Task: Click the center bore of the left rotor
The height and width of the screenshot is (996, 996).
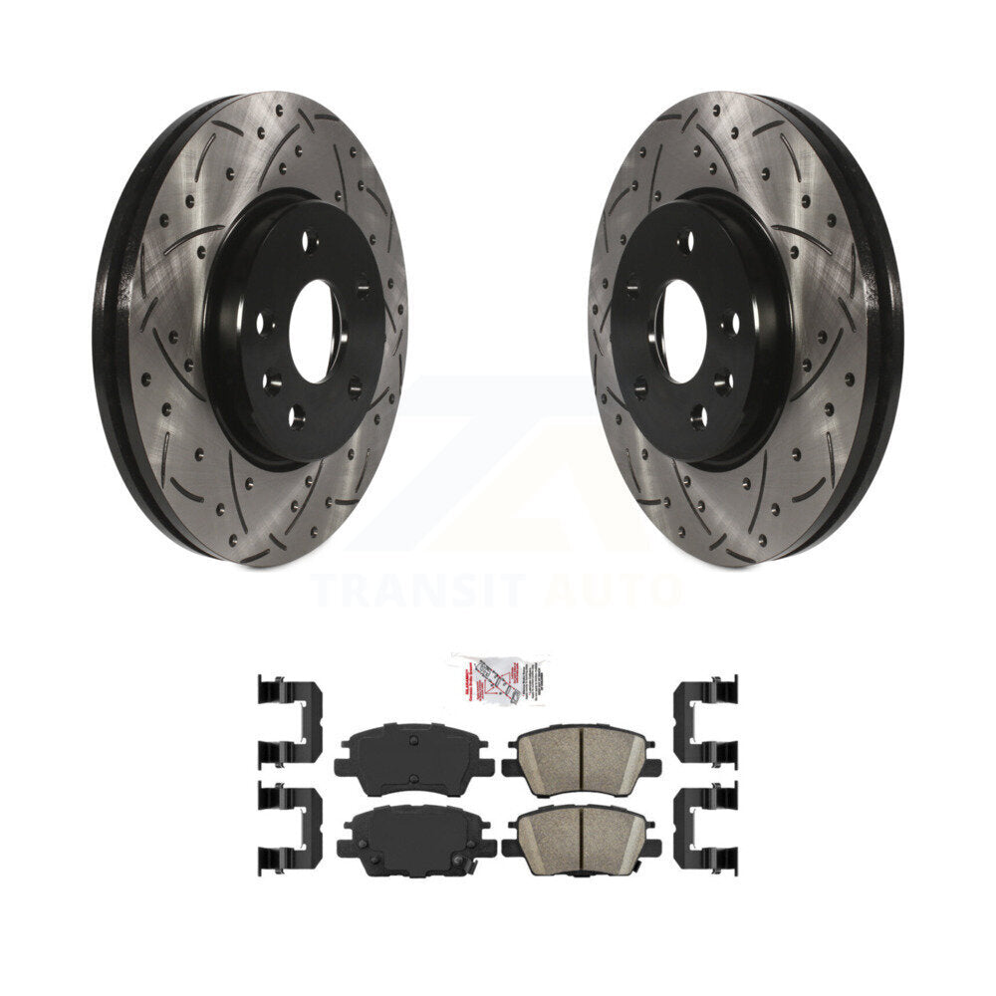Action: coord(314,332)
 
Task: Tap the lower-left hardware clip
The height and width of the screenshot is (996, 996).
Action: coord(288,827)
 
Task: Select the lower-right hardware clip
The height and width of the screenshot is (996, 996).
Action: coord(706,827)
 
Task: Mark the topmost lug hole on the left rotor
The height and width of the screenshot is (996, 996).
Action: coord(311,241)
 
